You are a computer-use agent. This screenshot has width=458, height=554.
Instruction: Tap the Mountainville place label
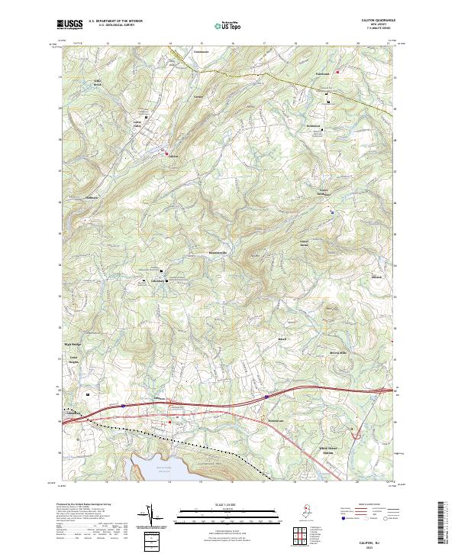[x=218, y=253]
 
